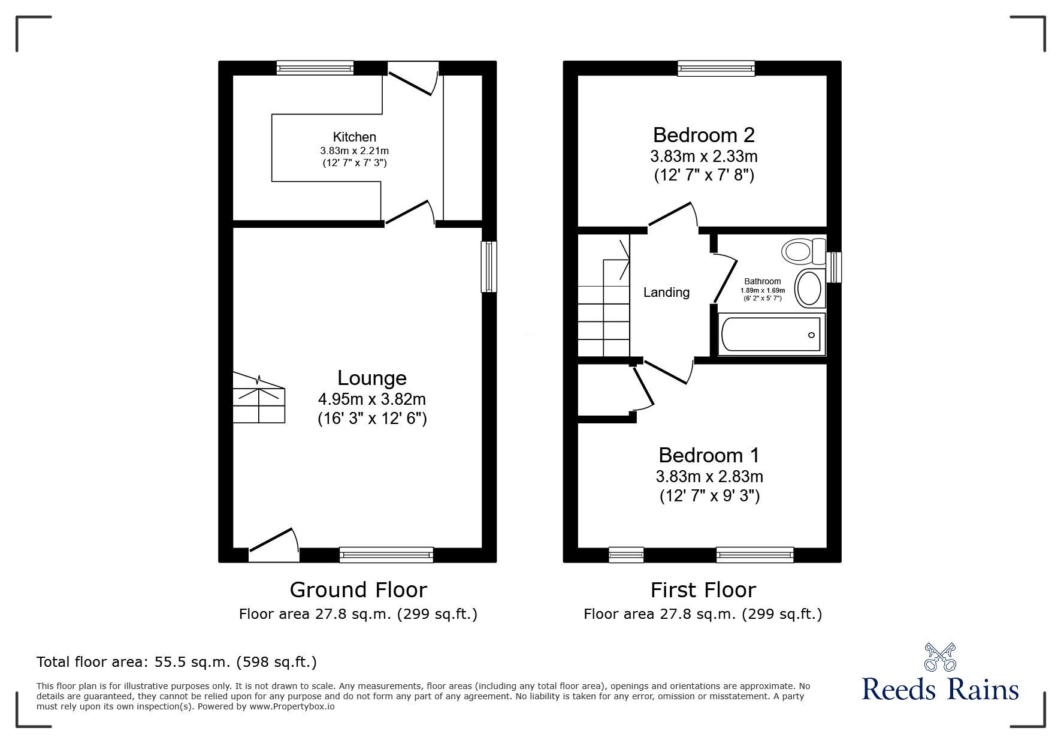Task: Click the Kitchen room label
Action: pos(355,137)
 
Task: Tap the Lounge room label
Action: pos(372,378)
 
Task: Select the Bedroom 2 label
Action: pos(704,134)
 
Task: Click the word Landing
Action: pos(666,293)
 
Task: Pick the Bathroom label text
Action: pos(763,281)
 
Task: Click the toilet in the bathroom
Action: pos(803,251)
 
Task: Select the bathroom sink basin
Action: pos(809,288)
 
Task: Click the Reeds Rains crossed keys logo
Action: pos(940,657)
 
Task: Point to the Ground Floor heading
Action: pos(358,590)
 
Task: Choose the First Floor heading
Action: pos(703,590)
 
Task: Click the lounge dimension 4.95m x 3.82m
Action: pos(372,399)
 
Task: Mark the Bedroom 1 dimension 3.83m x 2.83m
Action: pos(709,477)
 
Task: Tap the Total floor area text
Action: pos(177,662)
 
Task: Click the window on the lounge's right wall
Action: pos(489,267)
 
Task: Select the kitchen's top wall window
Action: pos(315,68)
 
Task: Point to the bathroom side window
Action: pos(834,267)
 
